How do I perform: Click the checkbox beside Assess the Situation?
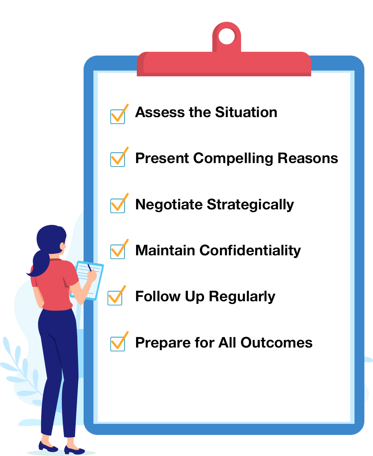[x=117, y=116]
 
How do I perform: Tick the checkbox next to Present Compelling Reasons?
[x=117, y=159]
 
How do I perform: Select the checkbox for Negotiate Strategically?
[x=117, y=206]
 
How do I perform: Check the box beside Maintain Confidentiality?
[x=117, y=251]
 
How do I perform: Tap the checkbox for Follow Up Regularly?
[x=115, y=298]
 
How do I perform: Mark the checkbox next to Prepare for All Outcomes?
[x=117, y=344]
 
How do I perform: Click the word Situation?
[x=246, y=112]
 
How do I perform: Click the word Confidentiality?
[x=250, y=250]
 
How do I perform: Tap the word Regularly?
[x=242, y=297]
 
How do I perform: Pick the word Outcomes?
[x=276, y=343]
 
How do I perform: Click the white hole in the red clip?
[x=227, y=37]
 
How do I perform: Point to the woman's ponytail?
[x=40, y=264]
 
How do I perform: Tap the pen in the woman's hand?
[x=89, y=268]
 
